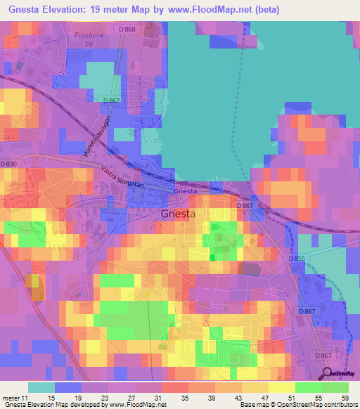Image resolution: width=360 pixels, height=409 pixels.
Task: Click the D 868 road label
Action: click(x=127, y=29)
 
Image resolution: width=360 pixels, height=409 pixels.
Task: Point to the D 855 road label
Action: click(x=297, y=259)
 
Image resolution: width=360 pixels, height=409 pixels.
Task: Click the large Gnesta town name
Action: click(x=178, y=214)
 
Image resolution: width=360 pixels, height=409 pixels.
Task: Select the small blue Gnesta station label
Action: click(x=184, y=191)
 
